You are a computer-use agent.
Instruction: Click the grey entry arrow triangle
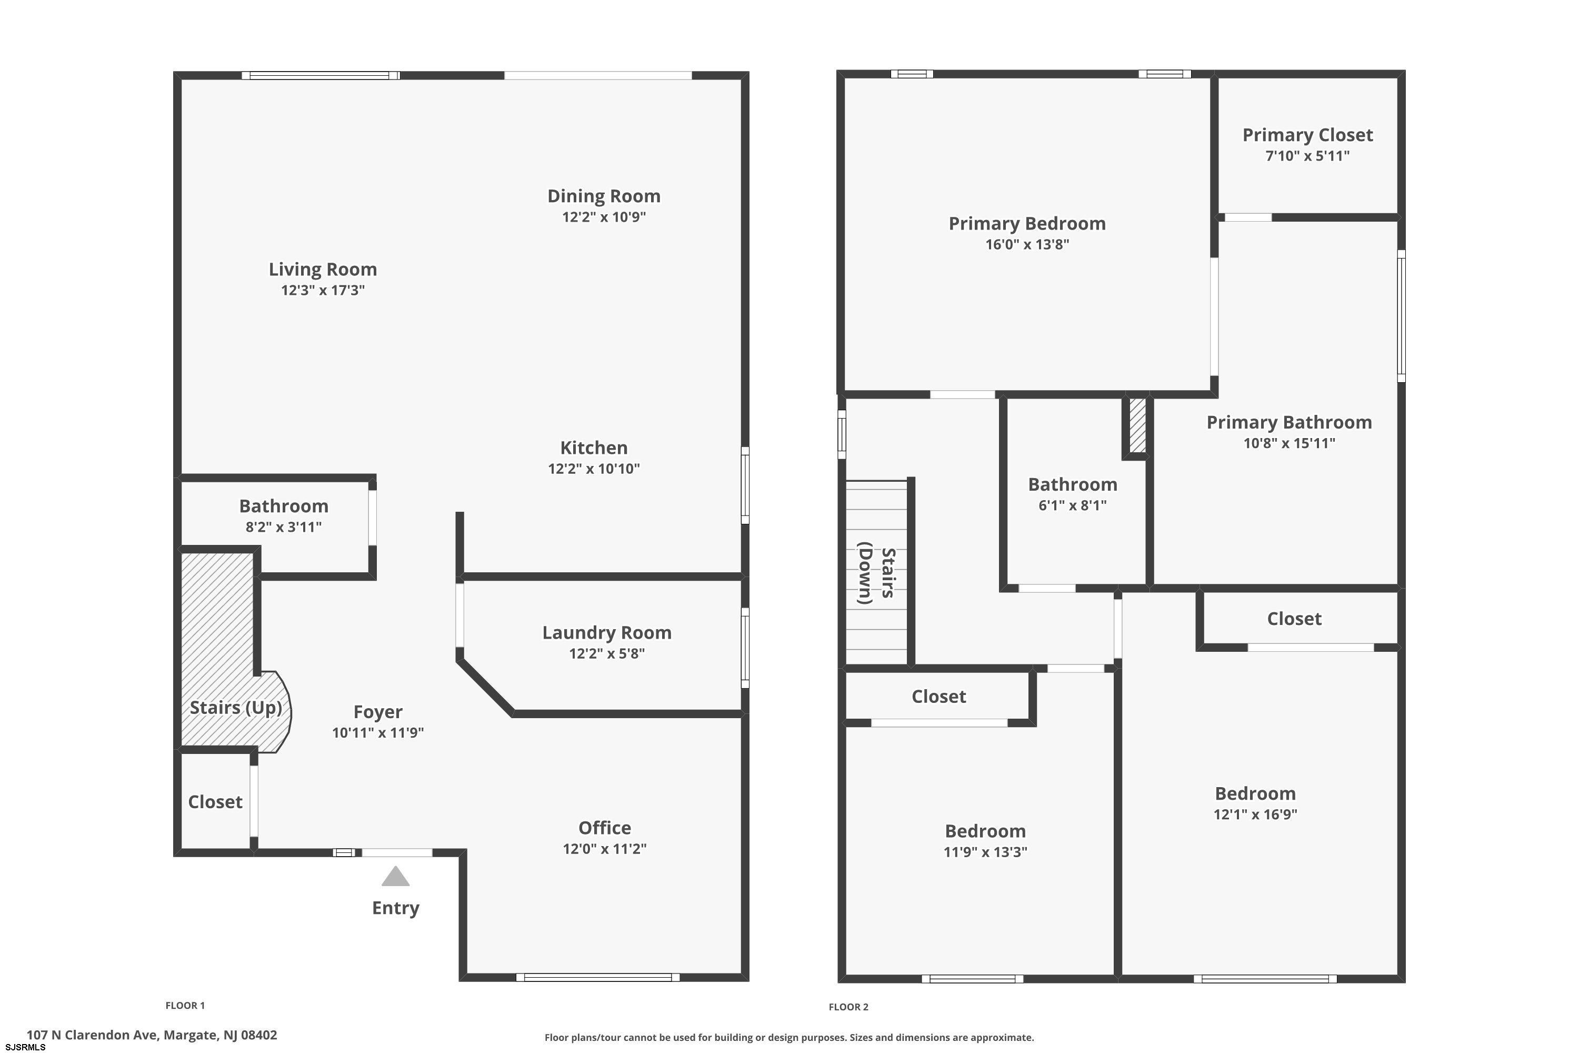pos(395,877)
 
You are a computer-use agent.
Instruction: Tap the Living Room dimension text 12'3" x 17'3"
pos(323,290)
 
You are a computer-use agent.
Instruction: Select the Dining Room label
pos(604,196)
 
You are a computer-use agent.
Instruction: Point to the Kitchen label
pos(594,448)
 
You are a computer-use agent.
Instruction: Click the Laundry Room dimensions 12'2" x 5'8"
pos(607,653)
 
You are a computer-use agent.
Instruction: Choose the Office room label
pos(605,828)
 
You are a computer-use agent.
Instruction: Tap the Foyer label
pos(378,712)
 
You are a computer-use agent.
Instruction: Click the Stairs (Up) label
pos(236,708)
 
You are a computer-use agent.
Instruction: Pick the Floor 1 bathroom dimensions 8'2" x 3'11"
pos(283,527)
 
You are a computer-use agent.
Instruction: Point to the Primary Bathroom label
pos(1289,422)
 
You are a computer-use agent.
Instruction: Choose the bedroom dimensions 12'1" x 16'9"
pos(1255,814)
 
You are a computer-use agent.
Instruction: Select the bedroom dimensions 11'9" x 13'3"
pos(985,852)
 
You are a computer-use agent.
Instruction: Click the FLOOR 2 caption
pos(848,1007)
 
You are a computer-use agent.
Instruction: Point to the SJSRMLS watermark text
pos(25,1048)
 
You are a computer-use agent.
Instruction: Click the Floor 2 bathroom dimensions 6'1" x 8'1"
pos(1072,505)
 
